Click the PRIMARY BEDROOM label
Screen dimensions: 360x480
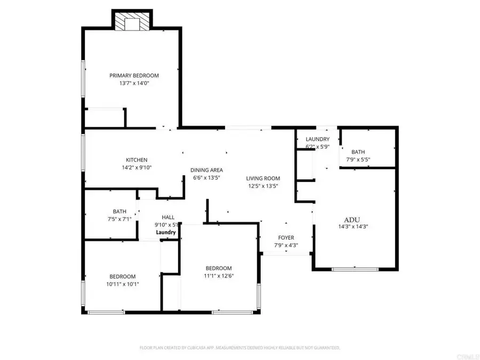134,76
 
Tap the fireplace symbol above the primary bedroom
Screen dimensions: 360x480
131,22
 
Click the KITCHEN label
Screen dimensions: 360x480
137,160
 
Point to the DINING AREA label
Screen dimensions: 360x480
206,170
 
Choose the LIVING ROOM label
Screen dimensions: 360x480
263,178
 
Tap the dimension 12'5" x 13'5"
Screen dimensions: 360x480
263,186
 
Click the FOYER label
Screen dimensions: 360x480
286,237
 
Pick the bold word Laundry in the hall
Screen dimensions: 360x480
166,233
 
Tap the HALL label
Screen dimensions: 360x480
168,218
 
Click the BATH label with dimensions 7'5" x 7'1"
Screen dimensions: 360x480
119,211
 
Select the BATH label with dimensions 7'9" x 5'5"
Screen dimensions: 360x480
358,152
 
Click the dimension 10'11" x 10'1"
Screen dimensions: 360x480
123,284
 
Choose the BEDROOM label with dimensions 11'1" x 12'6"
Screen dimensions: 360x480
219,268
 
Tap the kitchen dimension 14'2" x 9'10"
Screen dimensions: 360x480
137,168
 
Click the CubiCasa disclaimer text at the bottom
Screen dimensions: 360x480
240,348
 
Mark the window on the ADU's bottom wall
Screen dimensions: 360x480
351,269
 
